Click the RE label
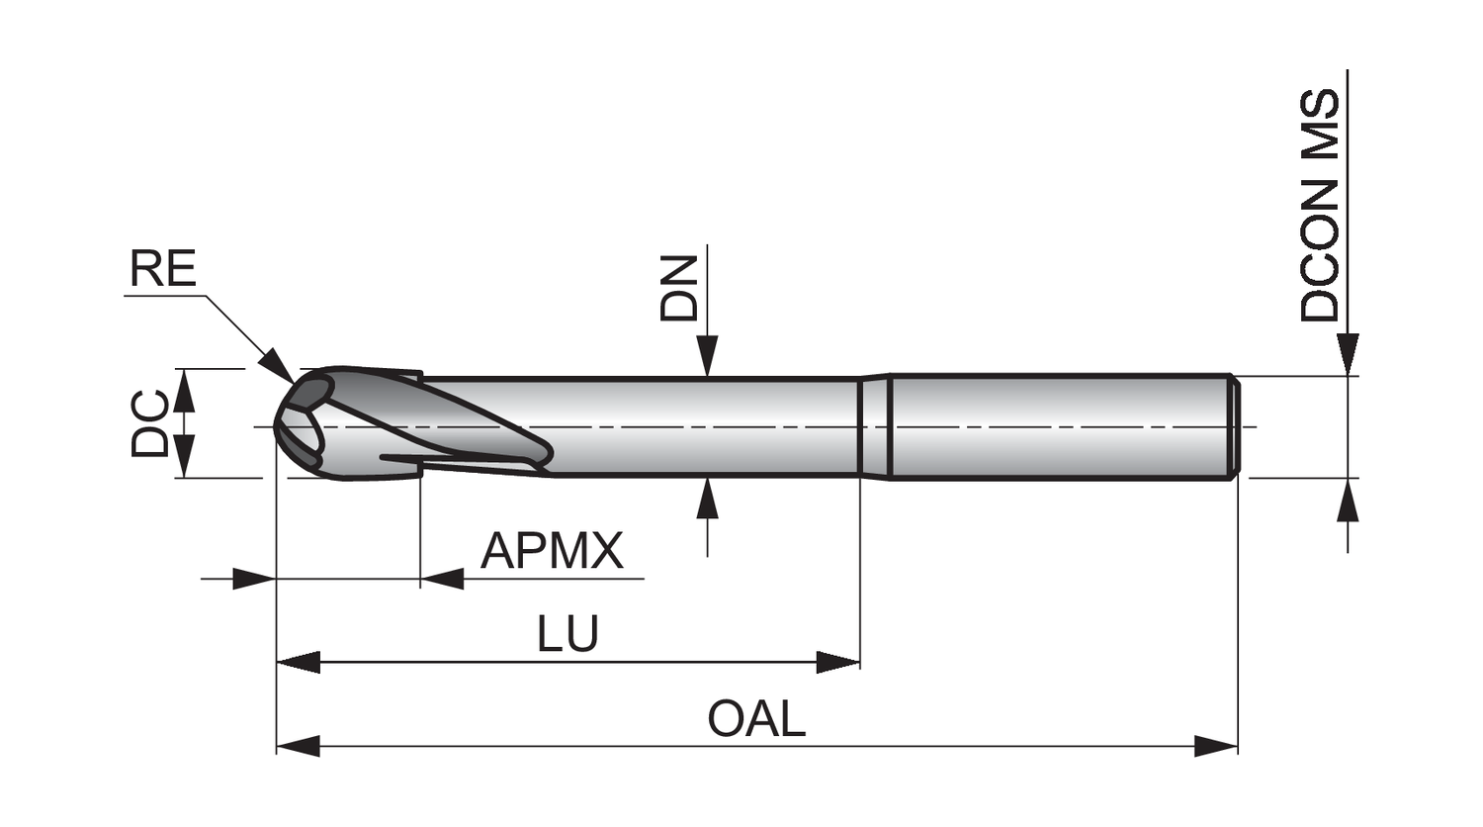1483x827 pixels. tap(163, 269)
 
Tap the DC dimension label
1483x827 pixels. tap(150, 423)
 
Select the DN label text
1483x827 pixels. tap(679, 288)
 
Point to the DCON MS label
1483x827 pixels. tap(1320, 206)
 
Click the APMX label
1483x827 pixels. tap(552, 551)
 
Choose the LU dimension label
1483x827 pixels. tap(567, 634)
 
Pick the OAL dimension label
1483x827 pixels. tap(756, 719)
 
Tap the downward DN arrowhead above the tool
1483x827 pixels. tap(706, 357)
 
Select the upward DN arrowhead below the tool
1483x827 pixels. tap(706, 498)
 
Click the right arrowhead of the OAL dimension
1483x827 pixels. tap(1216, 745)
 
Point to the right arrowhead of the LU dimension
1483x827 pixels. tap(837, 662)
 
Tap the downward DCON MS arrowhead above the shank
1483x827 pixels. tap(1347, 355)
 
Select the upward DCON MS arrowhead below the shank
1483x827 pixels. tap(1347, 500)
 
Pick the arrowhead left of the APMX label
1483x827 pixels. tap(443, 578)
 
